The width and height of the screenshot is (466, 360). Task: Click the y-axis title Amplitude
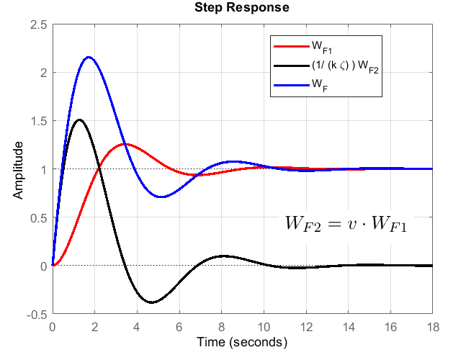[19, 170]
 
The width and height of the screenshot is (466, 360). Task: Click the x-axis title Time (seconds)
[242, 341]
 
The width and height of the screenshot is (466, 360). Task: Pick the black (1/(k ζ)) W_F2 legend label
[344, 66]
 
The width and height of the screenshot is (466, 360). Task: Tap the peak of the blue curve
[89, 57]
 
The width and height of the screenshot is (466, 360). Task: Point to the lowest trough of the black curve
[151, 302]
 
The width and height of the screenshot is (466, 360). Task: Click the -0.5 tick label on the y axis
[38, 315]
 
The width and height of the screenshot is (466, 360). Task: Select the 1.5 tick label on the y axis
[40, 121]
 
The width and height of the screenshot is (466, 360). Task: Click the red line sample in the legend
[291, 47]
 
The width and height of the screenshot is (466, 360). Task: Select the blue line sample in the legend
[291, 85]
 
